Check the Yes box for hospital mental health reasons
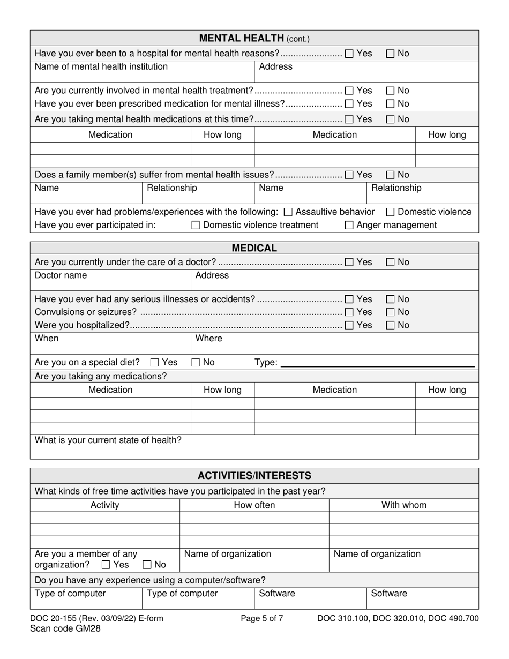coord(349,54)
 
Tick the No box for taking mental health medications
coord(391,119)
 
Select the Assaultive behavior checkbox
coord(288,212)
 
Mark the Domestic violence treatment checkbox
coord(196,226)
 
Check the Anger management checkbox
coord(349,226)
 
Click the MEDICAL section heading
coord(254,248)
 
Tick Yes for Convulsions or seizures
coord(349,312)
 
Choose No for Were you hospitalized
coord(391,325)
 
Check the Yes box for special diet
coord(155,363)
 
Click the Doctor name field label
coord(61,275)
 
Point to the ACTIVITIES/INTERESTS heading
coord(254,476)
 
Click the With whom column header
coord(403,505)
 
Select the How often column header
coord(254,505)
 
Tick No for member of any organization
coord(147,565)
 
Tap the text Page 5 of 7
coord(262,619)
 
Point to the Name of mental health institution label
coord(101,66)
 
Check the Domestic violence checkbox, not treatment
coord(391,212)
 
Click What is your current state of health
coord(108,440)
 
